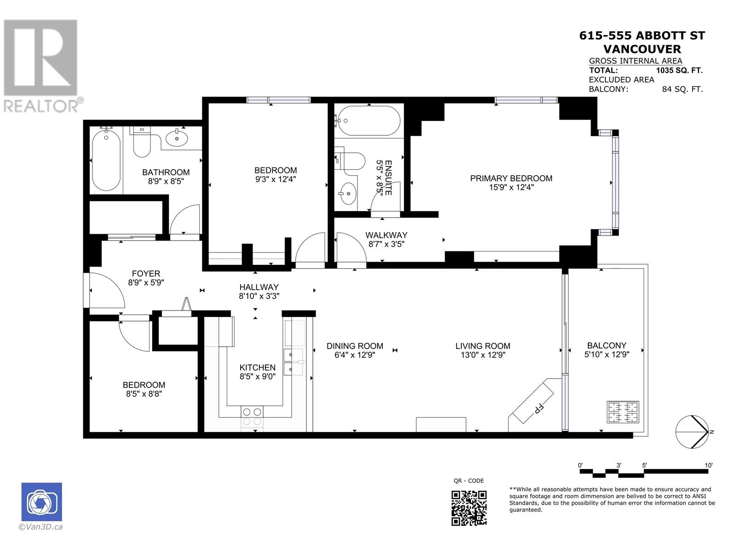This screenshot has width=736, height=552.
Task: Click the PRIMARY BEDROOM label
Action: (511, 178)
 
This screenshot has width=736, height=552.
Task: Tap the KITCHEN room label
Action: (257, 367)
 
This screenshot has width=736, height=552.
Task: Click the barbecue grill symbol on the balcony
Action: (623, 412)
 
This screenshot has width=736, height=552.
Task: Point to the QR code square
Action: (469, 508)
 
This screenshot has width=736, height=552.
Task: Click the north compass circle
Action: (691, 431)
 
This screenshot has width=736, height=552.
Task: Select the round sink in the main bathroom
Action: (177, 138)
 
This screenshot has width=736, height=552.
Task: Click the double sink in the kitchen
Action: (293, 362)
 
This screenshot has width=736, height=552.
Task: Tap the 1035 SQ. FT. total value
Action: (679, 70)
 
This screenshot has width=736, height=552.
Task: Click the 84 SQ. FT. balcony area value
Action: (682, 89)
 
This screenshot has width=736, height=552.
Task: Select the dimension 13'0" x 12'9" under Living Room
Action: (483, 355)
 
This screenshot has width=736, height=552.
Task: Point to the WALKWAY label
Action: (386, 235)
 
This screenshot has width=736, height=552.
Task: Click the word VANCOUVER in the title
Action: (642, 49)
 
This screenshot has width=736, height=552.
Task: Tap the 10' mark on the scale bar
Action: (708, 465)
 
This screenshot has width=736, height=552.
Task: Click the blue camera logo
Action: (41, 502)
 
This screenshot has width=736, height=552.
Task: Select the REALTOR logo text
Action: (41, 106)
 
